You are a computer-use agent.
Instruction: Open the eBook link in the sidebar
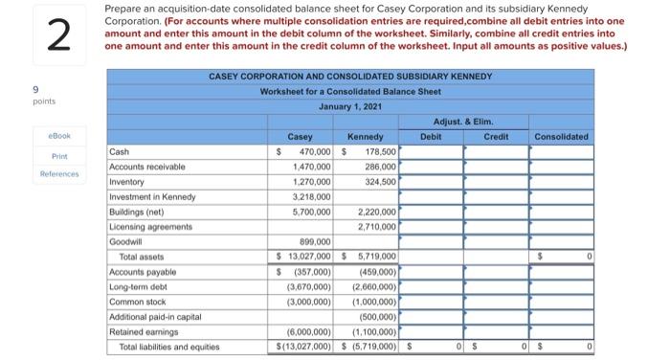tap(59, 136)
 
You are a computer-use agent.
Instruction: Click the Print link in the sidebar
tap(59, 155)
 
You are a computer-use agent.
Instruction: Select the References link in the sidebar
tap(59, 174)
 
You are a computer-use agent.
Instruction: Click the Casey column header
tap(301, 137)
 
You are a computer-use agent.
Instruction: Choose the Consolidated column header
tap(561, 137)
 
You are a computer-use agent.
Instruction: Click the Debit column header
tap(431, 137)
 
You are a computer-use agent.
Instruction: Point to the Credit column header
tap(495, 137)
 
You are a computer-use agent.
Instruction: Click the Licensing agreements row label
tap(151, 227)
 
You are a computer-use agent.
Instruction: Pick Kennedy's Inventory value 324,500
tap(377, 181)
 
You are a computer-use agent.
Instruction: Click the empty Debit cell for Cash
tap(432, 151)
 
